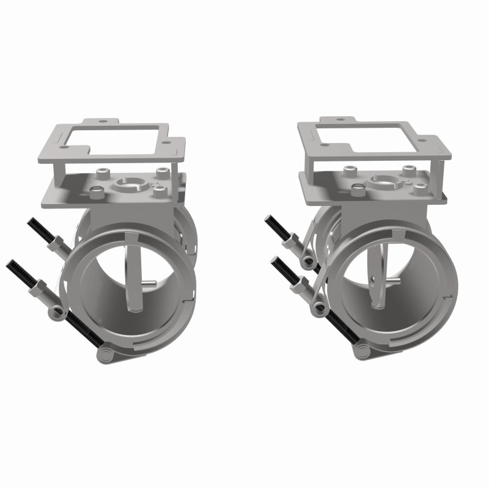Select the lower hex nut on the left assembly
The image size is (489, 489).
coord(38,285)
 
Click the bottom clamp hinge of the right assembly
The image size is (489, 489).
coord(362,351)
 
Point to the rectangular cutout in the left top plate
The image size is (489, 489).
coord(120,140)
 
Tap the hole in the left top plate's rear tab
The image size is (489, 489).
coord(101,122)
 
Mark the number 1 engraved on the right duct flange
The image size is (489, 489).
coord(448,297)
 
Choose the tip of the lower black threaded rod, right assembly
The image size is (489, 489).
coord(273,260)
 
